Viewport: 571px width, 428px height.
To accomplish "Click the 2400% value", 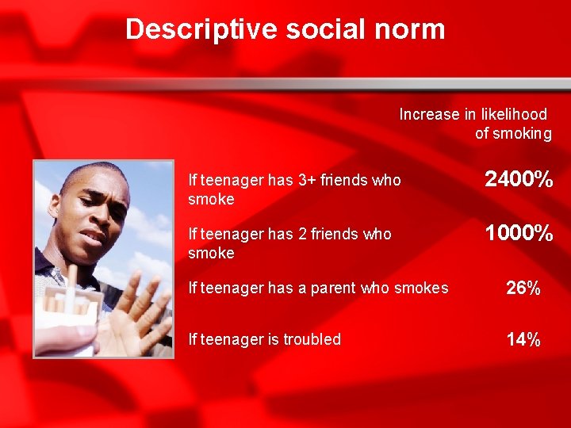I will [519, 180].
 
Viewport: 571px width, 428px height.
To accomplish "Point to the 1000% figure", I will [519, 234].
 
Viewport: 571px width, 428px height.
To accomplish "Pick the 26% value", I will [523, 289].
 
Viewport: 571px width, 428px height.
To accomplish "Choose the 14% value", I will [523, 340].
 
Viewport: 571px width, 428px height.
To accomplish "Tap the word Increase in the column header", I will [429, 114].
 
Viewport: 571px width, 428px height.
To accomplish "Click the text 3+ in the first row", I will [307, 180].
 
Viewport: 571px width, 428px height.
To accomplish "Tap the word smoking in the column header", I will [522, 133].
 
